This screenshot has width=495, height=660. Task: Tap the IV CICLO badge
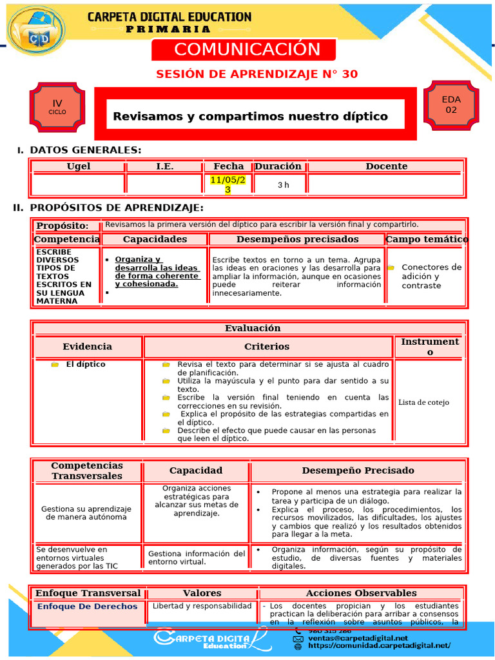[57, 106]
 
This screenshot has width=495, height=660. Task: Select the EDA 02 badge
[451, 104]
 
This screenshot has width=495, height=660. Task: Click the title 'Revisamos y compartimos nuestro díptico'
[250, 116]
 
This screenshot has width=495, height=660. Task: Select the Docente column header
[386, 166]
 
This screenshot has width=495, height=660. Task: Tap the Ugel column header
[79, 166]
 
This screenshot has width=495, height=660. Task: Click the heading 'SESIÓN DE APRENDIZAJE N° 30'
[257, 74]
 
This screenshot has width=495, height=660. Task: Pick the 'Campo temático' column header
[427, 239]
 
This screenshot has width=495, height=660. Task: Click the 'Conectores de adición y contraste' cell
[431, 276]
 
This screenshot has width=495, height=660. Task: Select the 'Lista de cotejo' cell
[423, 402]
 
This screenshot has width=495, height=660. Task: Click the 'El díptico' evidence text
[86, 364]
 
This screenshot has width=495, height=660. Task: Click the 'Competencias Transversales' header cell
[87, 471]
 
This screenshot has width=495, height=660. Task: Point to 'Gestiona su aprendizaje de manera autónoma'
[86, 512]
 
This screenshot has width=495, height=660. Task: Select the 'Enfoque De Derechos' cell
[87, 607]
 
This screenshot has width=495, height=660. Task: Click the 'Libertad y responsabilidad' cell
[202, 606]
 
